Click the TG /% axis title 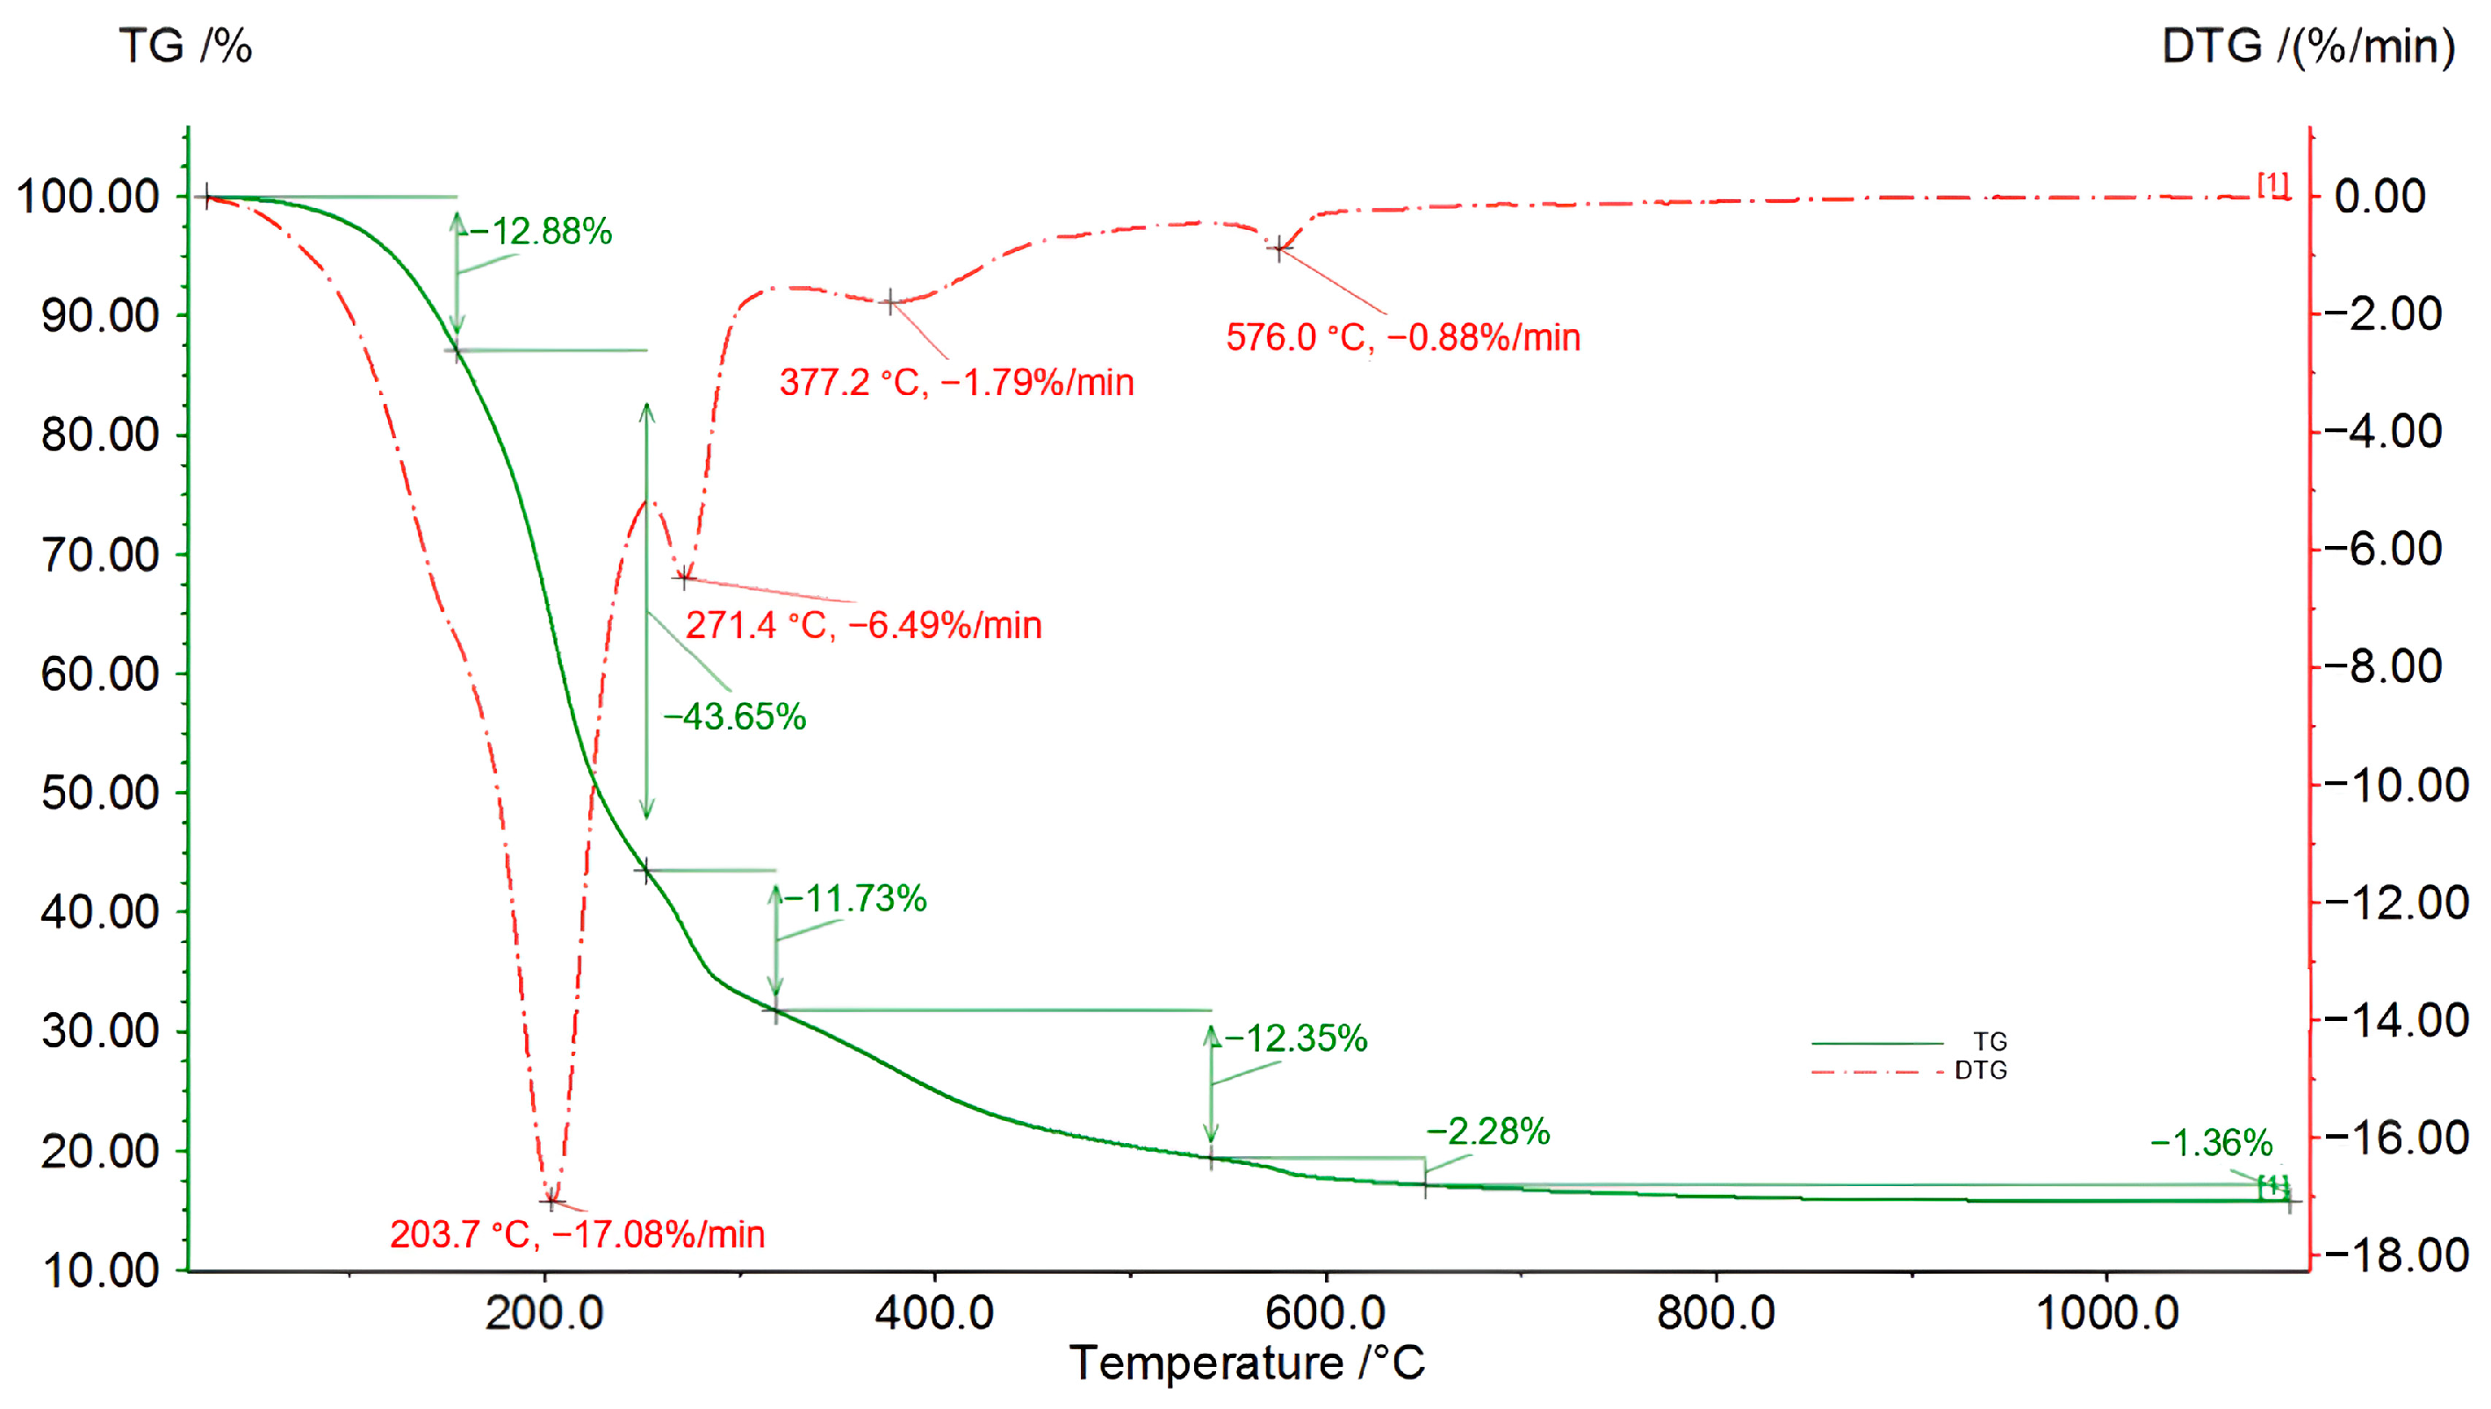(185, 47)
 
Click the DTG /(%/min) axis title (2307, 47)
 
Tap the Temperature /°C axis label (1247, 1362)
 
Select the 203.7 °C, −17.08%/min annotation (577, 1235)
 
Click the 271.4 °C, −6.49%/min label (863, 625)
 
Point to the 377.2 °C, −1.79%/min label (956, 382)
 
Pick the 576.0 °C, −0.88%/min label (1402, 338)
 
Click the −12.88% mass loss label (541, 231)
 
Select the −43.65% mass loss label (735, 716)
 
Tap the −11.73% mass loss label (854, 898)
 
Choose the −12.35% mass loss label (1295, 1039)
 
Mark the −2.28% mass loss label (1487, 1131)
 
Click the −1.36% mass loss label (2210, 1143)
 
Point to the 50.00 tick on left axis (100, 793)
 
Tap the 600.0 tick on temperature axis (1325, 1313)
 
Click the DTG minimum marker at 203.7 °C (551, 1201)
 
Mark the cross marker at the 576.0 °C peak (1279, 248)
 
